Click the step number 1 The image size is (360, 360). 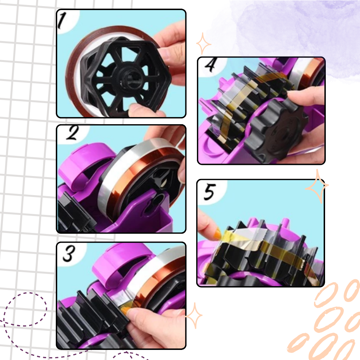62,21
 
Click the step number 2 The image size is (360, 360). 73,133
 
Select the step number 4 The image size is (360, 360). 211,65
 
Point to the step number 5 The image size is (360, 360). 210,192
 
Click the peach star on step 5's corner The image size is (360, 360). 317,186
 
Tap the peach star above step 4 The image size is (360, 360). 203,44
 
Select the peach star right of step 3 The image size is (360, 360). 194,315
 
